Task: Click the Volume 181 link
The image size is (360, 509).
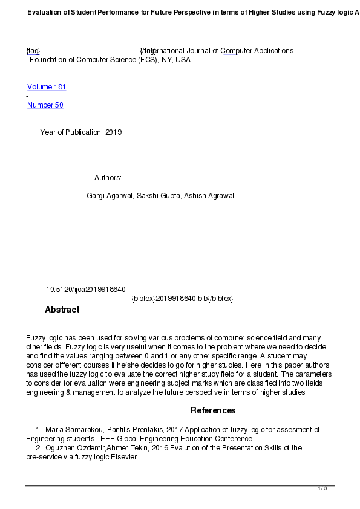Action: pyautogui.click(x=47, y=87)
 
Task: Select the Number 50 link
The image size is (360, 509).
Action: pyautogui.click(x=45, y=105)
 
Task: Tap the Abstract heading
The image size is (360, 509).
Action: pyautogui.click(x=62, y=310)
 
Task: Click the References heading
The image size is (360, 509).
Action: pyautogui.click(x=213, y=410)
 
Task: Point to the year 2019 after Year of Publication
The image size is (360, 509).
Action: pyautogui.click(x=113, y=132)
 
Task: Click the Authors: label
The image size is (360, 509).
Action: pyautogui.click(x=108, y=178)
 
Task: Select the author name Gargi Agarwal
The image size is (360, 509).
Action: pyautogui.click(x=110, y=196)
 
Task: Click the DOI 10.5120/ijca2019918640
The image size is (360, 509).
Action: pyautogui.click(x=85, y=290)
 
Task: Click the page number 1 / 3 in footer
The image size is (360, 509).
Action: pyautogui.click(x=322, y=488)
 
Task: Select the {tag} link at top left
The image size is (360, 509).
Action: pyautogui.click(x=33, y=51)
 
